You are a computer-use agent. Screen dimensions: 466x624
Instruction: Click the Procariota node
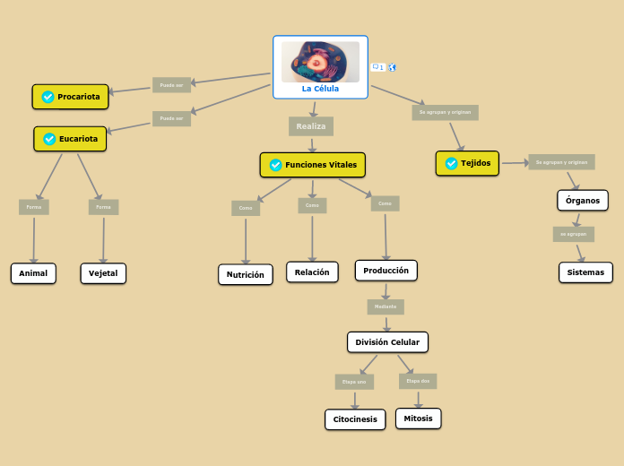(71, 97)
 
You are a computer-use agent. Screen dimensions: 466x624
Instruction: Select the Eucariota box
(71, 139)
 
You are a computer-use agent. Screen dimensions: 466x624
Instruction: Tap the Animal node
(33, 273)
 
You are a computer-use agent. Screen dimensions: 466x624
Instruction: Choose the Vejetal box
(103, 273)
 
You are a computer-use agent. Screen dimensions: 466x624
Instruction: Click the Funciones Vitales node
(313, 165)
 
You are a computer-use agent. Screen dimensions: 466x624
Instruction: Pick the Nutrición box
(245, 275)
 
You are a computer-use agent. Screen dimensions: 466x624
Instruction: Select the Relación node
(312, 272)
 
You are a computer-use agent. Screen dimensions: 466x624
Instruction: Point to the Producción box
(386, 270)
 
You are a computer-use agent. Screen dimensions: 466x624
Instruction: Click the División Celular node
(387, 342)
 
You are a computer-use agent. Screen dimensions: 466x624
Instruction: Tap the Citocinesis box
(355, 419)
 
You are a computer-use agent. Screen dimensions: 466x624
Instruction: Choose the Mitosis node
(418, 419)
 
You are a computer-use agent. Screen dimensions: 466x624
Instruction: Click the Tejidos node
(467, 163)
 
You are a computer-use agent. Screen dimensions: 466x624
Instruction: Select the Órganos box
(583, 200)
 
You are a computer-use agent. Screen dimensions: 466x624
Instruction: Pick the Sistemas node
(585, 272)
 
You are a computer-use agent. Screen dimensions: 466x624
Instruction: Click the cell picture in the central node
(320, 62)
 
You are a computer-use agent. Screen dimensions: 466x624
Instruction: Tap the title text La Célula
(320, 89)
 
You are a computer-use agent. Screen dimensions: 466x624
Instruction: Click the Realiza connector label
(311, 126)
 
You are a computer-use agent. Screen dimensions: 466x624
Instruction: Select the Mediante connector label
(386, 306)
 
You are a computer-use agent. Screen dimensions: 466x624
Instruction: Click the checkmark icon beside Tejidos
(451, 164)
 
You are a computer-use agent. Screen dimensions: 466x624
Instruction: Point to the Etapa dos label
(418, 381)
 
